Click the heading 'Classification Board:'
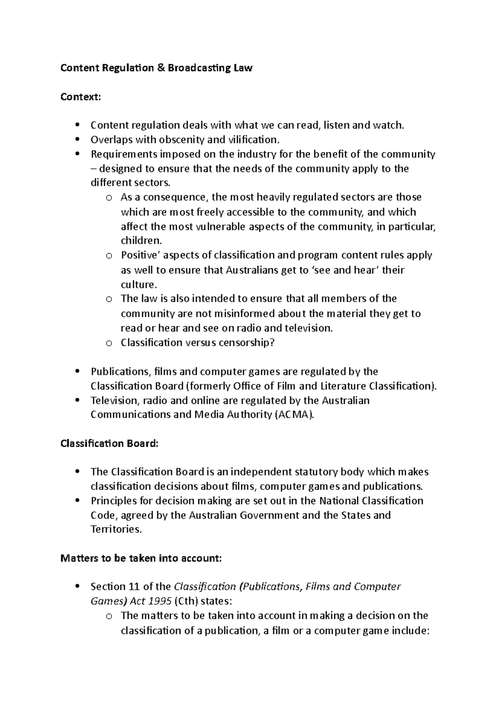tap(109, 444)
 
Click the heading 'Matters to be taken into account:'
tap(141, 558)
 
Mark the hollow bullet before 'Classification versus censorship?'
tap(109, 343)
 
